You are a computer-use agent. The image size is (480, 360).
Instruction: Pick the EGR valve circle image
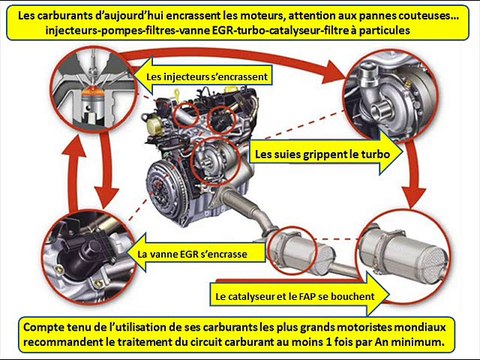[87, 241]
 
